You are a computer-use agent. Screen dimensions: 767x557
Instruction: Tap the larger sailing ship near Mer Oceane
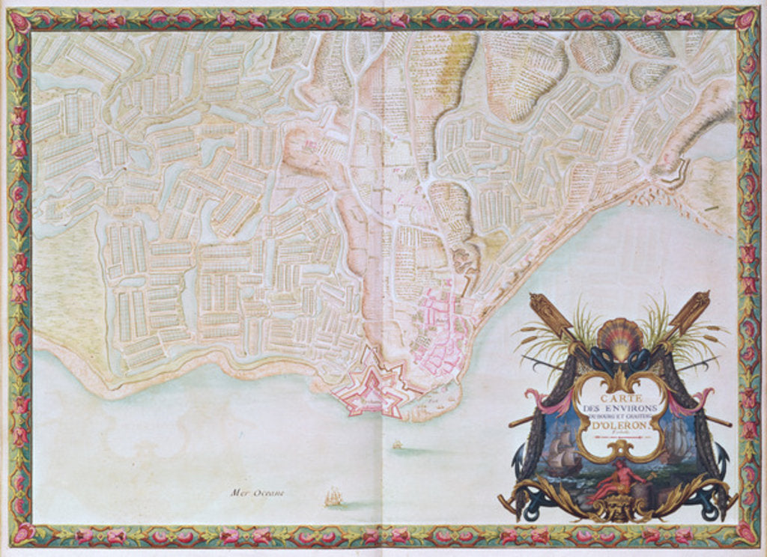pos(333,496)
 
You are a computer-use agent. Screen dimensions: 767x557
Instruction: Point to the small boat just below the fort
pos(397,445)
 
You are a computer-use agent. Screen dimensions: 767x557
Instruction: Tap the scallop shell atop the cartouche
pos(619,338)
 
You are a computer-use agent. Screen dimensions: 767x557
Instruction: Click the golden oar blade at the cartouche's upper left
pos(542,308)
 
